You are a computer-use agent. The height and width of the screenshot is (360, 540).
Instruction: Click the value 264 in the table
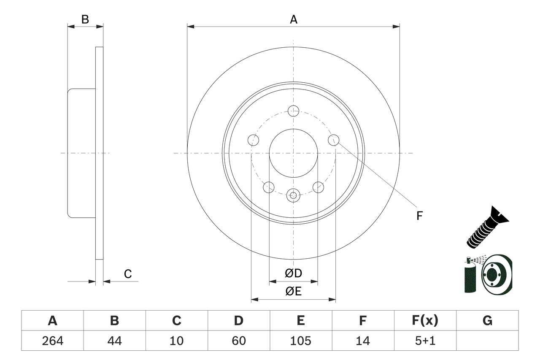(52, 341)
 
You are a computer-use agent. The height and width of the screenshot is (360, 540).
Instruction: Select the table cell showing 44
(114, 341)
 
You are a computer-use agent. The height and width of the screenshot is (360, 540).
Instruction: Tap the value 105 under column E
(300, 341)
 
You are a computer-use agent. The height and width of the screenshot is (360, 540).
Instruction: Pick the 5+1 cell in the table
(425, 341)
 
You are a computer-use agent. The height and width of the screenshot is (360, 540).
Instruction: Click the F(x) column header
(425, 321)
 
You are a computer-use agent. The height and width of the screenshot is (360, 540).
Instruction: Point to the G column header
(487, 321)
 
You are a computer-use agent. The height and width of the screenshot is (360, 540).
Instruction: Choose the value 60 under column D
(238, 341)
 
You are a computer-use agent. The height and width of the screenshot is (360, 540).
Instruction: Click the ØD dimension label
(294, 273)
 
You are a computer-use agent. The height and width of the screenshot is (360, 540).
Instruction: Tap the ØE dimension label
(294, 292)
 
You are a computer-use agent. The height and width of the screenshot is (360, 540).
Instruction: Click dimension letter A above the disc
(294, 19)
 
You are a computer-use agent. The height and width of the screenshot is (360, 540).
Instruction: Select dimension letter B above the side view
(85, 19)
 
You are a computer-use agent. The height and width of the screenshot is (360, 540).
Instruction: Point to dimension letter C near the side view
(128, 274)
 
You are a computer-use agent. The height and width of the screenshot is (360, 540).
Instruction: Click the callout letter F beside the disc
(419, 216)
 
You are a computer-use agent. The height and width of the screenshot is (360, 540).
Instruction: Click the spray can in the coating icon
(469, 276)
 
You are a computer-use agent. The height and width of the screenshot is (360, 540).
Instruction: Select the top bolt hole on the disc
(293, 111)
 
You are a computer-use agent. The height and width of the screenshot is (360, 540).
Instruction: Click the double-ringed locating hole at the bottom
(293, 195)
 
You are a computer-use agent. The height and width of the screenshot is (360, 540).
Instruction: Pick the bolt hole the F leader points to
(333, 139)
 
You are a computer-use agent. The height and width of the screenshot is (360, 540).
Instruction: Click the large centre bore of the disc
(293, 153)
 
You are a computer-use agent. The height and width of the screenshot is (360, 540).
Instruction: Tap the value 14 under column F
(363, 341)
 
